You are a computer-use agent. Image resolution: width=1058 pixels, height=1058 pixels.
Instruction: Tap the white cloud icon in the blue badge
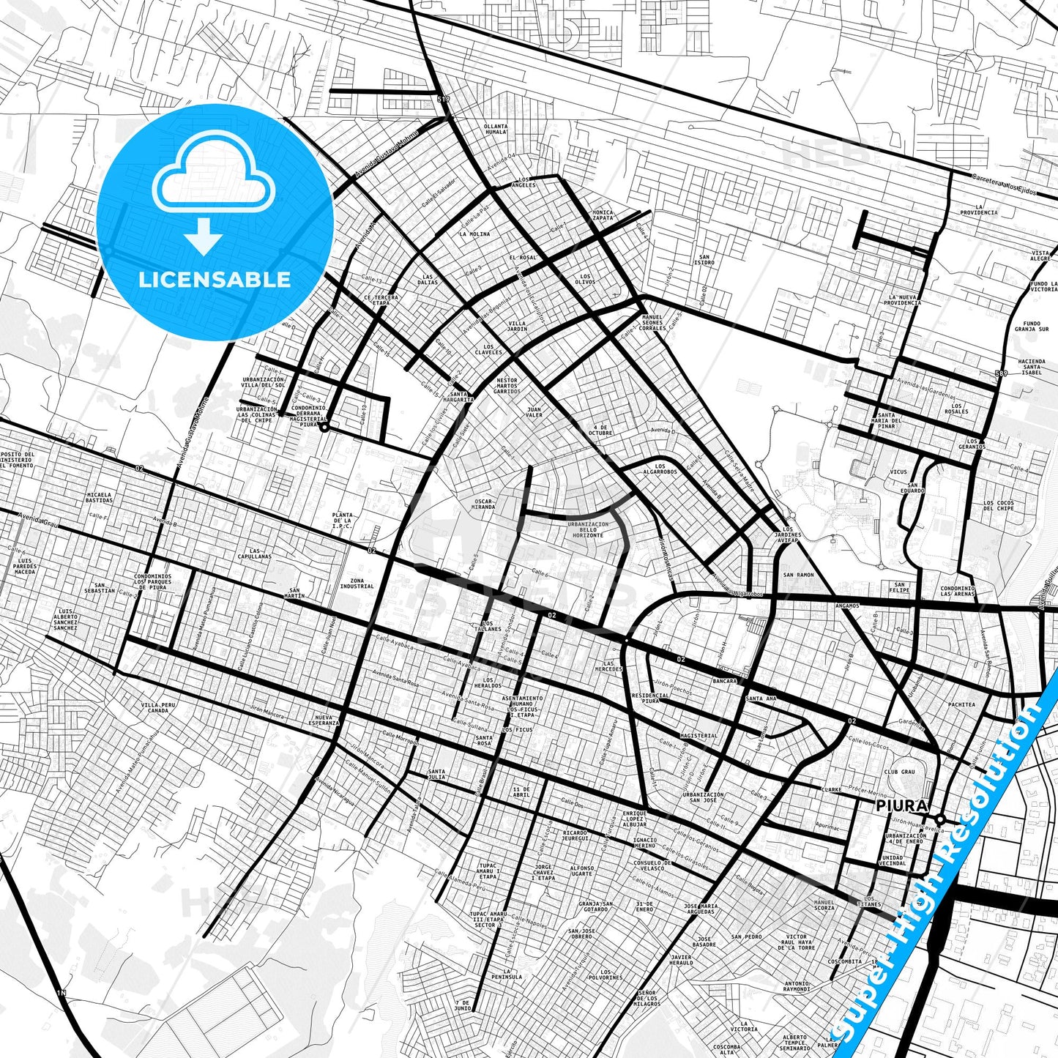click(214, 176)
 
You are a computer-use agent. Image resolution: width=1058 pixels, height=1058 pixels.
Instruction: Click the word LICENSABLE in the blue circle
click(215, 280)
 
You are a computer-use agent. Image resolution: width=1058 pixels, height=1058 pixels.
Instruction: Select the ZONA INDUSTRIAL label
click(357, 583)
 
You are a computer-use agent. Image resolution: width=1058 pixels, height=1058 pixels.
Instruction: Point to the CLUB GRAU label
click(900, 772)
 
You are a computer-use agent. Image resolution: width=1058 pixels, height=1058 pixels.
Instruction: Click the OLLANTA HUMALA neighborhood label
click(496, 129)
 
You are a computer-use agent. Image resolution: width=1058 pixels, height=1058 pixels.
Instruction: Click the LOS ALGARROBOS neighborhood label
click(660, 469)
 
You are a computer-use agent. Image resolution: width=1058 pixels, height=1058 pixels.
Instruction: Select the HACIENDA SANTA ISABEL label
click(1031, 367)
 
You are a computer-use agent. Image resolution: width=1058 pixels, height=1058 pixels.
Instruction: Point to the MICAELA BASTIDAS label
click(99, 497)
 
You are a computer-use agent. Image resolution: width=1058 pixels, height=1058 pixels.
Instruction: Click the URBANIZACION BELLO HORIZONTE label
click(588, 529)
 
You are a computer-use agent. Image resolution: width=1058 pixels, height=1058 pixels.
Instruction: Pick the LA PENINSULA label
click(507, 974)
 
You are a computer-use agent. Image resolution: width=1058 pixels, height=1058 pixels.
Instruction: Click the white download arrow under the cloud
click(204, 236)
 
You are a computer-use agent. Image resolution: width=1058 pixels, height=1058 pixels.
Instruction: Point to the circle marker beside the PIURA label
click(941, 819)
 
